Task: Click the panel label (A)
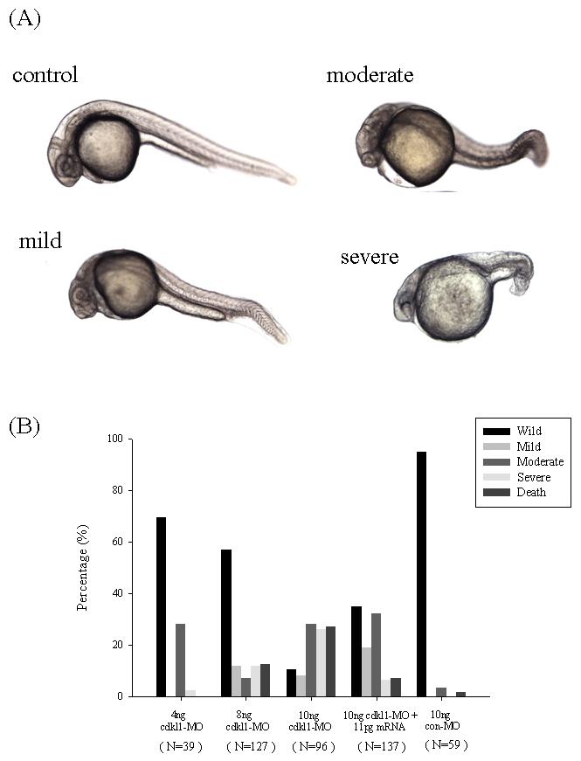coord(24,19)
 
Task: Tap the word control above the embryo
coord(45,75)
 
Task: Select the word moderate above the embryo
coord(370,75)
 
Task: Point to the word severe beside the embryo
coord(370,257)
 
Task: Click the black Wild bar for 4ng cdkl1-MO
coord(162,606)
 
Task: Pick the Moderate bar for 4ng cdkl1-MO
coord(181,660)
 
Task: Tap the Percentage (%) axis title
coord(82,568)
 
